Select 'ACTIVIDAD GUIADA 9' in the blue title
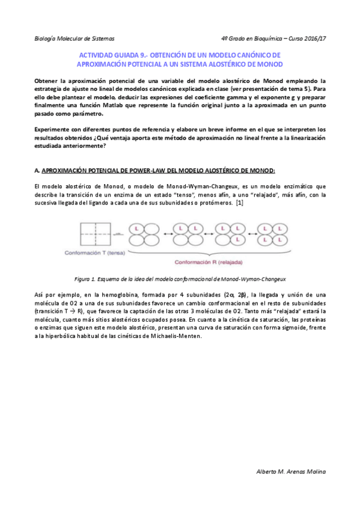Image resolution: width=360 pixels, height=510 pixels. (x=113, y=55)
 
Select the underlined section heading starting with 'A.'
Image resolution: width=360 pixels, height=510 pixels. (x=155, y=171)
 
